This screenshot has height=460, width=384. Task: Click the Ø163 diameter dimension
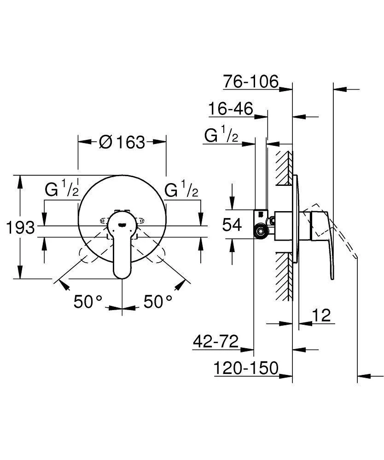pyautogui.click(x=122, y=142)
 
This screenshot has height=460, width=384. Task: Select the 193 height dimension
pyautogui.click(x=21, y=227)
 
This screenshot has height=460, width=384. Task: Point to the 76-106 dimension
pyautogui.click(x=251, y=81)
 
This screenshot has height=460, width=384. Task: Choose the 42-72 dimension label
pyautogui.click(x=215, y=342)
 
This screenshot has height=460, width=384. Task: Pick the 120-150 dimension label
pyautogui.click(x=246, y=368)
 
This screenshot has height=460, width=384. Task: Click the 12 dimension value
pyautogui.click(x=321, y=316)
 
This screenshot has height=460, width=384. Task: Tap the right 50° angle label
pyautogui.click(x=158, y=302)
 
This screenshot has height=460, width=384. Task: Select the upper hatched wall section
pyautogui.click(x=285, y=168)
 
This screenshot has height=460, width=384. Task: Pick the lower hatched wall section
pyautogui.click(x=285, y=276)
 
